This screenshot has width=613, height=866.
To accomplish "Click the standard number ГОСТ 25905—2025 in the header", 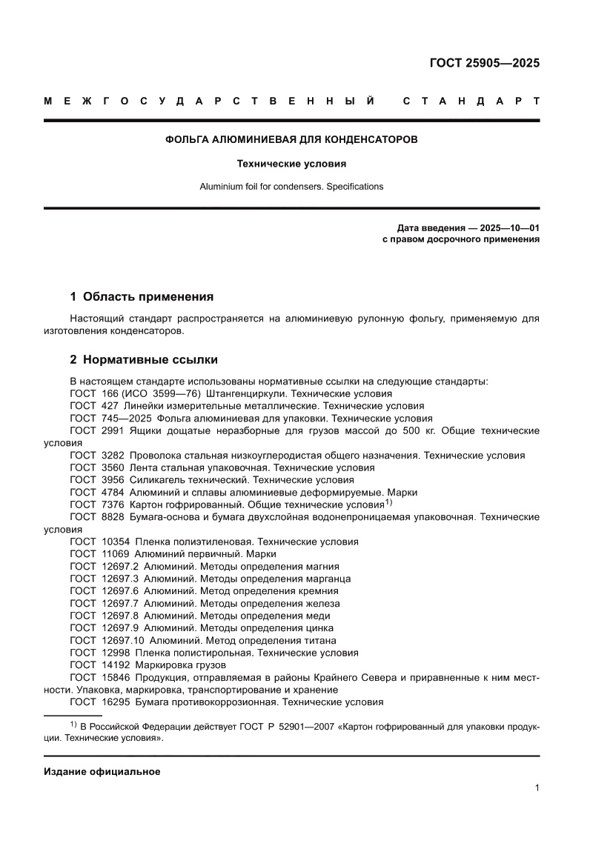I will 484,63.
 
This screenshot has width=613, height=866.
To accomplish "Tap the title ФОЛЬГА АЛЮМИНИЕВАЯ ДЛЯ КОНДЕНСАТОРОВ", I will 291,139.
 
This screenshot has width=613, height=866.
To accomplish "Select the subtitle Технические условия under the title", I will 291,163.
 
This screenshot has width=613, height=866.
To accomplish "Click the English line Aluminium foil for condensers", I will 291,187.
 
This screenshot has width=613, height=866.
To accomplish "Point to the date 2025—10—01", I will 509,228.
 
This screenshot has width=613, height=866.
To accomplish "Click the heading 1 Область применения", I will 141,297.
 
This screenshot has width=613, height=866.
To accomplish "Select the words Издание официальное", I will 102,772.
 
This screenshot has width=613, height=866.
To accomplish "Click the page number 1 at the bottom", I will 536,789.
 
